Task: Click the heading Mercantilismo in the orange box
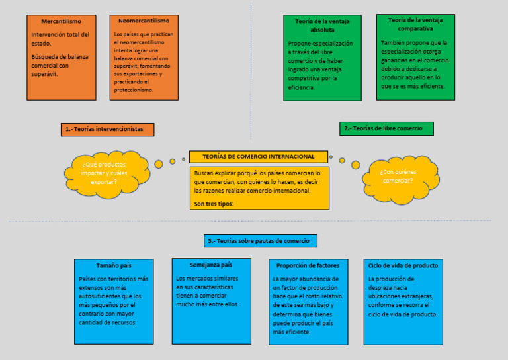62,21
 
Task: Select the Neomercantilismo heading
144,21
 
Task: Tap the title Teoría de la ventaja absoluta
322,26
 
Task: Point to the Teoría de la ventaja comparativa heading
415,24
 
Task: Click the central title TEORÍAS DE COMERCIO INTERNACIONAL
259,157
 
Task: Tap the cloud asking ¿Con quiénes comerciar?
401,179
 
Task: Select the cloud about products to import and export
107,174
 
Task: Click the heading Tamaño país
114,266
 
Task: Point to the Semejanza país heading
211,265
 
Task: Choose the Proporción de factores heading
308,266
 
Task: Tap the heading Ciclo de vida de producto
403,266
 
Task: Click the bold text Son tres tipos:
214,204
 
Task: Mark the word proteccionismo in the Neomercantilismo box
134,90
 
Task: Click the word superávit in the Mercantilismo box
44,75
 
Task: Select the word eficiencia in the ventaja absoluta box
302,87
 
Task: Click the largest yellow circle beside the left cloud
159,164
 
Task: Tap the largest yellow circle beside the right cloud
356,165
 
